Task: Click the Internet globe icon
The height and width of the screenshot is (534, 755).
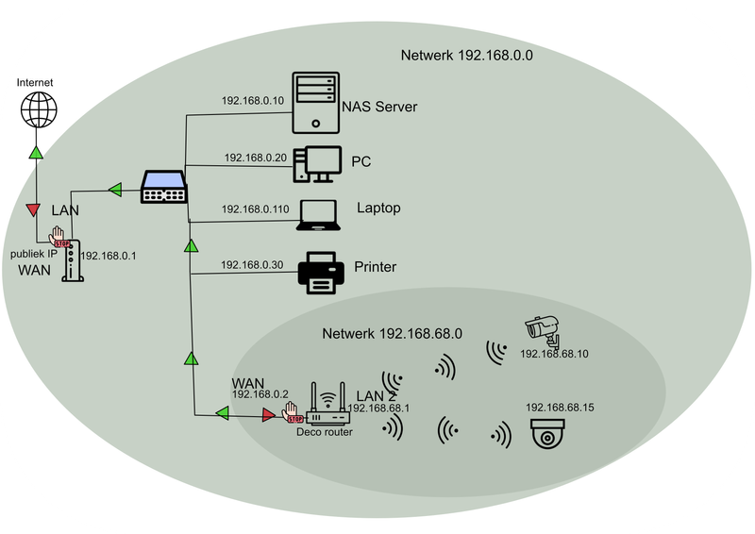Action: (37, 110)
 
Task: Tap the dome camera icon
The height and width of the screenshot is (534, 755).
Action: (548, 435)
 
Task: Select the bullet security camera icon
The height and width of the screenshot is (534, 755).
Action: (543, 328)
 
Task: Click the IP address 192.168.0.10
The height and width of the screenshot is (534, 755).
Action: (252, 100)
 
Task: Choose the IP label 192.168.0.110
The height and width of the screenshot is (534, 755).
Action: (255, 209)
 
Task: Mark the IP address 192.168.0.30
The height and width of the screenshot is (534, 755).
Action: (252, 265)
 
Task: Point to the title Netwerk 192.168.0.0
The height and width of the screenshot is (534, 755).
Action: (467, 56)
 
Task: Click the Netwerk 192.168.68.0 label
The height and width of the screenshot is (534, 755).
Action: (392, 334)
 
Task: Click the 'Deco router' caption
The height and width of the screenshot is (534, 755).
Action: (325, 432)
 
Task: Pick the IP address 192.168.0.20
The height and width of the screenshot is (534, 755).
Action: (255, 159)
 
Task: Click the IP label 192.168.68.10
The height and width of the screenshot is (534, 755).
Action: (554, 354)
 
